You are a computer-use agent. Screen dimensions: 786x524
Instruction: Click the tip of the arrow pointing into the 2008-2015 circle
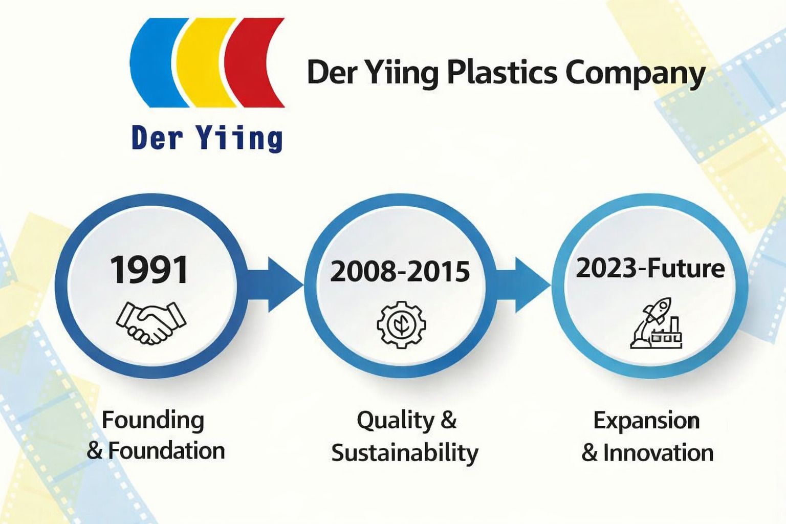coord(304,285)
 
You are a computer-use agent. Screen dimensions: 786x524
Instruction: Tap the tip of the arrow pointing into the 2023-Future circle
coord(551,285)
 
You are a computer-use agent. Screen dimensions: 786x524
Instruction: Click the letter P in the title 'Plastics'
coord(456,73)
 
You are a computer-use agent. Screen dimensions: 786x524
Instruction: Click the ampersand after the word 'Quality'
coord(448,420)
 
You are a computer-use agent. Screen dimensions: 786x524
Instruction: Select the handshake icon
coord(151,322)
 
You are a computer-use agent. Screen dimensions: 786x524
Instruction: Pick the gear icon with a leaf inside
coord(401,324)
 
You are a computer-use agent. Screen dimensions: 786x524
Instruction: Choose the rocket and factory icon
coord(656,323)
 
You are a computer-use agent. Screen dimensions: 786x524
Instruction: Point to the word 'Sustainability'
coord(405,453)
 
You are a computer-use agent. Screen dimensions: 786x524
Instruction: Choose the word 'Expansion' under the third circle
coord(646,421)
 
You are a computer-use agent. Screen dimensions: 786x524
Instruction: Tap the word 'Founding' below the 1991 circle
coord(153,421)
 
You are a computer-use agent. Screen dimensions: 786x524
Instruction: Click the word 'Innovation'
coord(658,453)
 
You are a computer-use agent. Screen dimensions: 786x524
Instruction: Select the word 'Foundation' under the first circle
coord(166,451)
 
